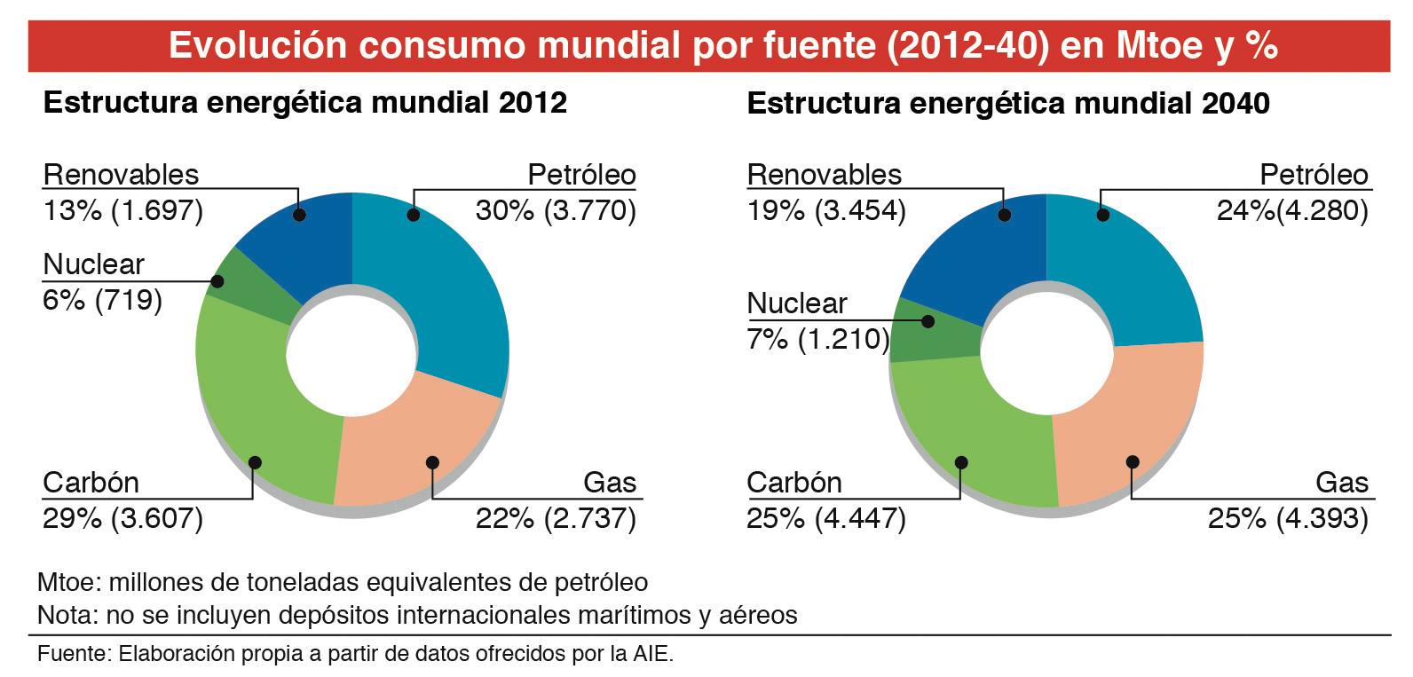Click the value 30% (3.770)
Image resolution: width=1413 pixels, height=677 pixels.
(556, 210)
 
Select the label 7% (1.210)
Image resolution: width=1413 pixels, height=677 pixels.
(817, 339)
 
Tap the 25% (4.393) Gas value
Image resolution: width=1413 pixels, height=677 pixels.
(1287, 518)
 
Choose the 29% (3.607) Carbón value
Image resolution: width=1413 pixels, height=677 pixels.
(122, 518)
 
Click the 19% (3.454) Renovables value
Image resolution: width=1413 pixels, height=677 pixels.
(825, 210)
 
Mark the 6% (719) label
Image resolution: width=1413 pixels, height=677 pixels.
(102, 300)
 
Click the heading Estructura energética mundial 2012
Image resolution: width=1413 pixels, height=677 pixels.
(304, 103)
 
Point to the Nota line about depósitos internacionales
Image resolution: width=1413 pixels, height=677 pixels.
(417, 615)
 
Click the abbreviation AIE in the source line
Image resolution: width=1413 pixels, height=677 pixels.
(651, 654)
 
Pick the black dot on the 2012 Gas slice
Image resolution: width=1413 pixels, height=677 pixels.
(432, 462)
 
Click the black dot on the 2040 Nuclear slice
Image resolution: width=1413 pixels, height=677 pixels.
(928, 321)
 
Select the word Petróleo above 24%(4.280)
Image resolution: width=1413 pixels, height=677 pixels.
(1314, 175)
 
